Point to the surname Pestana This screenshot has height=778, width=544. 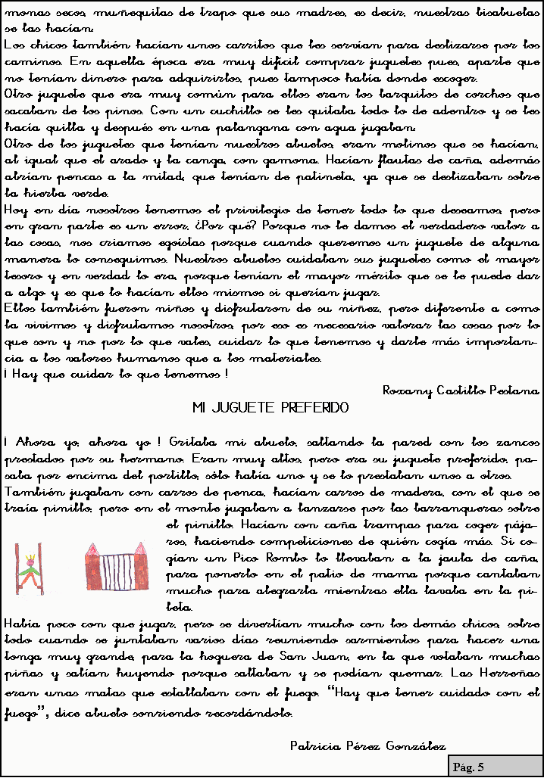click(517, 391)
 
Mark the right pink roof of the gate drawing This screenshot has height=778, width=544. click(141, 549)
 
